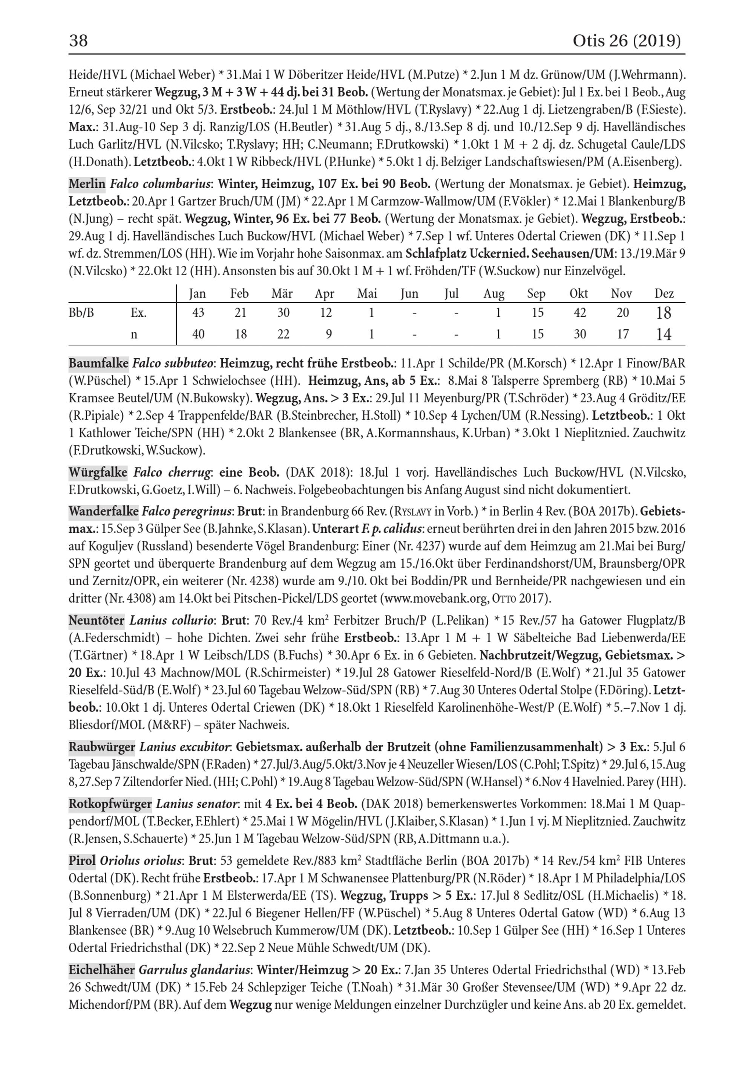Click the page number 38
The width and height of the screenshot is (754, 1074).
tap(78, 41)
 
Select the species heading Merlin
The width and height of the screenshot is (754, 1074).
tap(87, 184)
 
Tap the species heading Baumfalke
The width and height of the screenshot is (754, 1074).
tap(98, 363)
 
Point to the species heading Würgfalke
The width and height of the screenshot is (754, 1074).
tap(98, 473)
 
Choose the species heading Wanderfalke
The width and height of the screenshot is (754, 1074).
tap(103, 511)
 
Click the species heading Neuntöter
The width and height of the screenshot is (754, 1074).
tap(97, 621)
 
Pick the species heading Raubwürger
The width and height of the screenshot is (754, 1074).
tap(102, 747)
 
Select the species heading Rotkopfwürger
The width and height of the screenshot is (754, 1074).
tap(110, 804)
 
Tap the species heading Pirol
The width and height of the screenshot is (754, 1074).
tap(82, 861)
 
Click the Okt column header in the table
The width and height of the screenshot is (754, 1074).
tap(579, 294)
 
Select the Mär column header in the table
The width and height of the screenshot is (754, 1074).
tap(282, 294)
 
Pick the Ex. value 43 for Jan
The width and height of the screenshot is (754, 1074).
tap(198, 313)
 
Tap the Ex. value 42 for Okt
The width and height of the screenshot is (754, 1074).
tap(579, 313)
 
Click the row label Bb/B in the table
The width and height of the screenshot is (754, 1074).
tap(81, 313)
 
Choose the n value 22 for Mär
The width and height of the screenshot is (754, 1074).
tap(283, 334)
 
